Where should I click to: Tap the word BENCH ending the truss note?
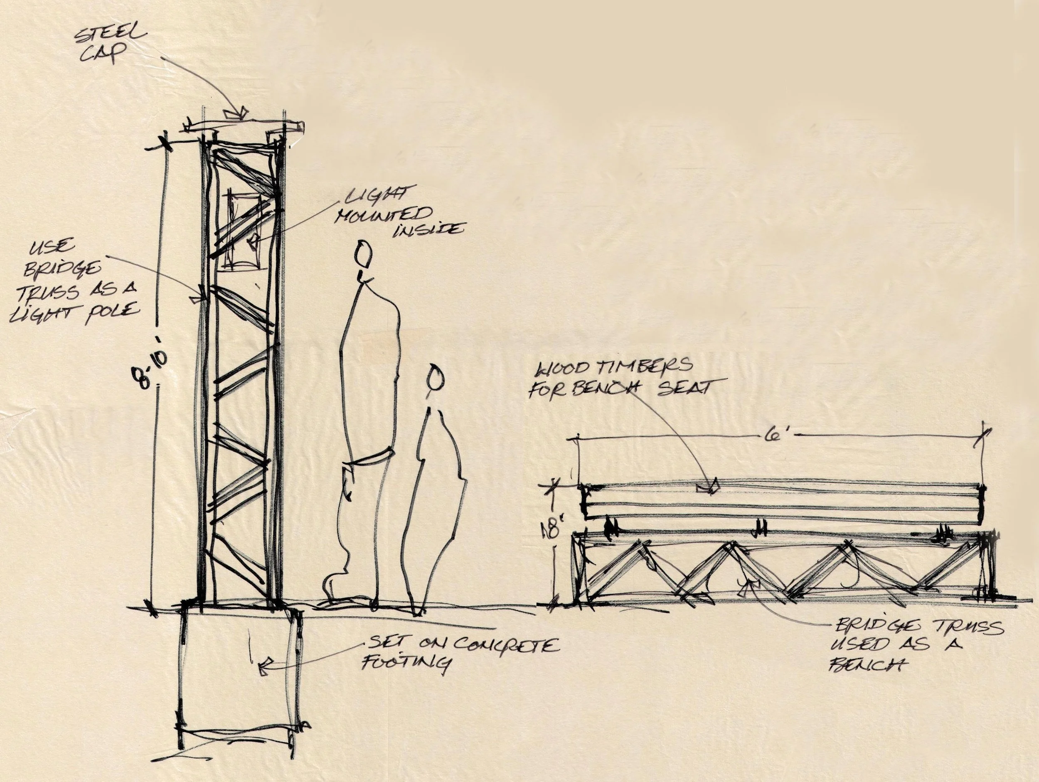tap(862, 666)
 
